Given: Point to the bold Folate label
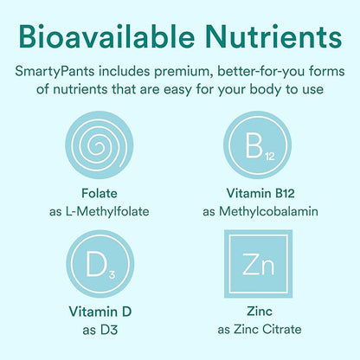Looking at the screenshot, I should tap(94, 192).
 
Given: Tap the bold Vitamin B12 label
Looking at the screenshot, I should tap(259, 192).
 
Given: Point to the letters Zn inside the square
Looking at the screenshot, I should tap(259, 261).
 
